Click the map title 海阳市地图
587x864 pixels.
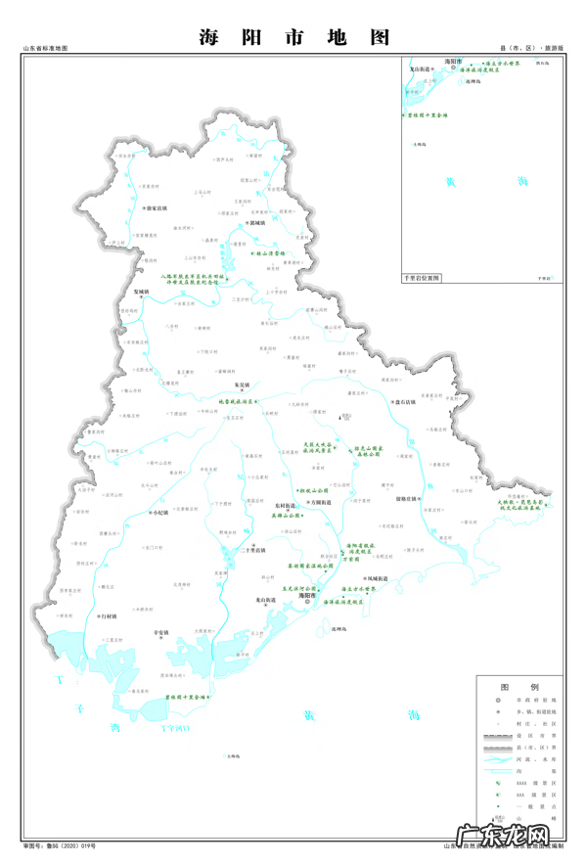tap(293, 37)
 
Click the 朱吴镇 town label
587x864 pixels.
tap(244, 385)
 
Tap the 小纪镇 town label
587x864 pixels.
tap(160, 512)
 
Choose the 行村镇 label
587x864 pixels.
tap(109, 616)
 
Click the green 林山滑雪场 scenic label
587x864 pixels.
tap(268, 253)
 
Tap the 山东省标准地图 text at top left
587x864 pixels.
tap(45, 48)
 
